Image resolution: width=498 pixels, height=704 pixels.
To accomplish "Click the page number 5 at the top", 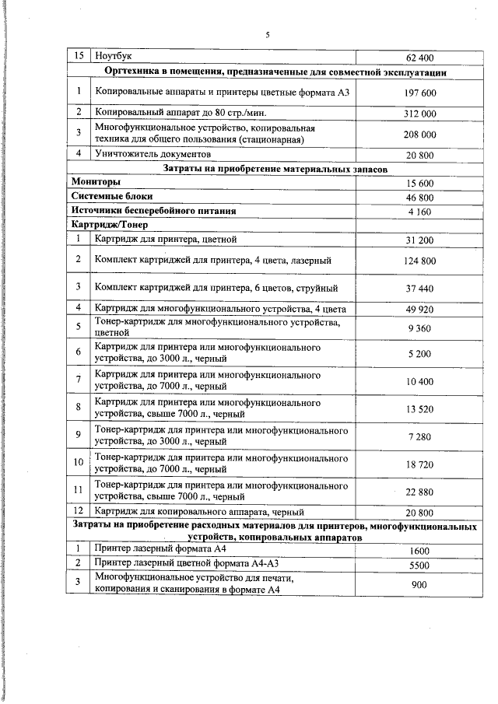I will click(267, 35).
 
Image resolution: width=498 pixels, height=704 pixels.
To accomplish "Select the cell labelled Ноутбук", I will click(113, 57).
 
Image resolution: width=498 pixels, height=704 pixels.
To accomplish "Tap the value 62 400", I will click(420, 58).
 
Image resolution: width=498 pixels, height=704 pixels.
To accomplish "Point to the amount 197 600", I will click(420, 93).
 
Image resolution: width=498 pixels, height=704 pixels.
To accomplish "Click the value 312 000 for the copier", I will click(420, 113).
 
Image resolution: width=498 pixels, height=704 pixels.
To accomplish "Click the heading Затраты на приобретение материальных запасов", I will click(275, 168).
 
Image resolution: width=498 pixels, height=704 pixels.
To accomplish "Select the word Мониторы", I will click(96, 182).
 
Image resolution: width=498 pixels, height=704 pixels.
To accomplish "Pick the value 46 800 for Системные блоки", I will click(420, 197).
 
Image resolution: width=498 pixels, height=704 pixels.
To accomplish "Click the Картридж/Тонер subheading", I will click(103, 225).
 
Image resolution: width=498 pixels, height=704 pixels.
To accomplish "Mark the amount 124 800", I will click(420, 260).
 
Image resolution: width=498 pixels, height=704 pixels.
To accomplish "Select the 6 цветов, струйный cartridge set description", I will click(216, 288).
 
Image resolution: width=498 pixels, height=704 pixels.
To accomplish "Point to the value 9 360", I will click(420, 328).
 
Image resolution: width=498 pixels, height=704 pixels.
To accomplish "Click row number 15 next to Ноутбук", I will click(78, 57).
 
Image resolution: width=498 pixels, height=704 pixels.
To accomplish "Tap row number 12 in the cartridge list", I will click(78, 511).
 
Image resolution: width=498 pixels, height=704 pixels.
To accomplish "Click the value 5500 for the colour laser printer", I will click(420, 566).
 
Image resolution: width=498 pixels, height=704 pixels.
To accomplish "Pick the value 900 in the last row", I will click(420, 585).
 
